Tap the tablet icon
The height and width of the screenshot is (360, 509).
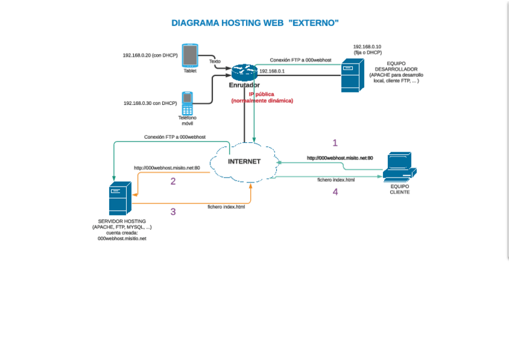tap(190, 55)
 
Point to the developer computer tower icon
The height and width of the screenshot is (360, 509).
tap(351, 75)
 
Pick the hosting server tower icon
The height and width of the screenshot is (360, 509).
tap(118, 199)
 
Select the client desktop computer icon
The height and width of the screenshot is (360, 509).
tap(399, 167)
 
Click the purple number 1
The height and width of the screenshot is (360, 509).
tap(335, 143)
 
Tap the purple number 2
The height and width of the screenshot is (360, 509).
tap(173, 181)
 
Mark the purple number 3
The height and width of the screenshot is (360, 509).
tap(173, 211)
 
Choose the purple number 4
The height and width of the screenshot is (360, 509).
tap(335, 192)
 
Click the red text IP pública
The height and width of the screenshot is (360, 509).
tap(262, 94)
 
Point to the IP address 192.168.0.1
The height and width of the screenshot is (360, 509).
tap(272, 71)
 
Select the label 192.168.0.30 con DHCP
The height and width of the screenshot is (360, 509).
tap(150, 103)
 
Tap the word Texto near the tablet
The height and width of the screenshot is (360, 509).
tap(215, 61)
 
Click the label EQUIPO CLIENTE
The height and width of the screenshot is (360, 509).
tap(400, 189)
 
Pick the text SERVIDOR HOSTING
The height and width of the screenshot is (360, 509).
tap(122, 221)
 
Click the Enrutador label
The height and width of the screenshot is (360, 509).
tap(244, 85)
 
